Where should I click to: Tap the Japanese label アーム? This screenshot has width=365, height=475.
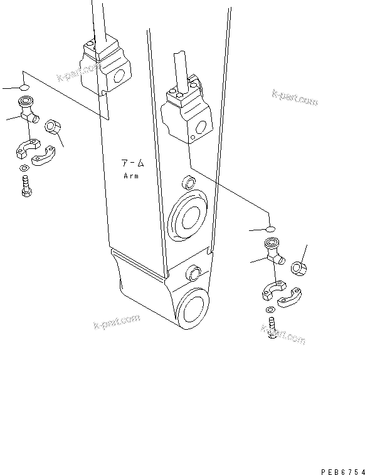coord(133,164)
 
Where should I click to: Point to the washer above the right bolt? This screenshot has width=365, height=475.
coord(270,310)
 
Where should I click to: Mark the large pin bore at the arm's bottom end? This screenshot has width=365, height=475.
coord(194,310)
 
